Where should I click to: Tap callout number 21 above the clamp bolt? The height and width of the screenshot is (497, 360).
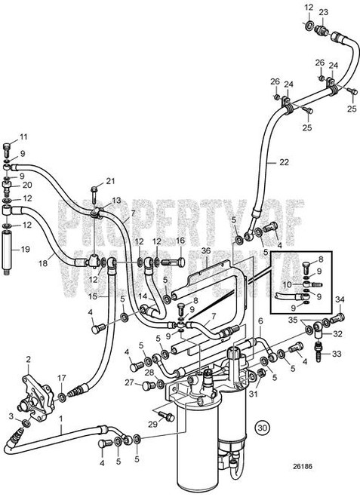pyautogui.click(x=111, y=180)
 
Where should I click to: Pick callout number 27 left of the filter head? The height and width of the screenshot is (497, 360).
pyautogui.click(x=129, y=383)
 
